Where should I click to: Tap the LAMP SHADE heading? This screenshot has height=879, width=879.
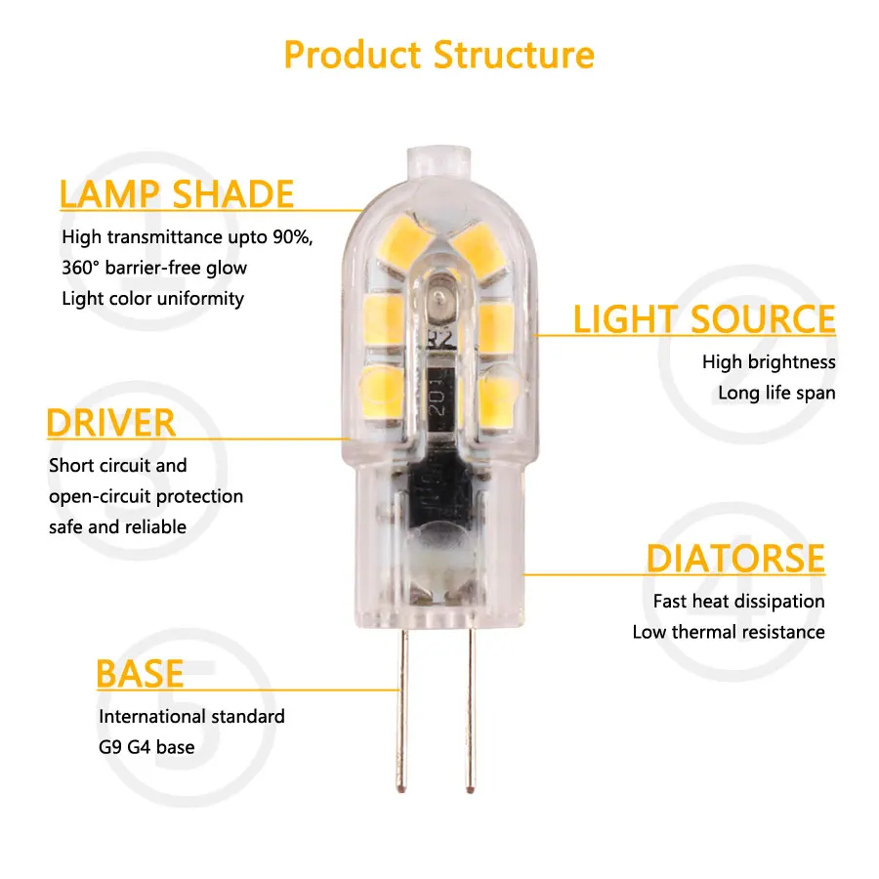[x=176, y=193]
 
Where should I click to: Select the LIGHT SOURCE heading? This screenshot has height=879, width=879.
[x=704, y=319]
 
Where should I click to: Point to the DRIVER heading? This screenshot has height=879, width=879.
[x=110, y=423]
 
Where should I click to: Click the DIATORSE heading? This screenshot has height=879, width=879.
[x=734, y=559]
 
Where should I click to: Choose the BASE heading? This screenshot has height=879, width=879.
[x=140, y=674]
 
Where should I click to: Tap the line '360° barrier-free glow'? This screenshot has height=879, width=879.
[x=154, y=268]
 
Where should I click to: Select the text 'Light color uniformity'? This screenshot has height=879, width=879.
[x=152, y=298]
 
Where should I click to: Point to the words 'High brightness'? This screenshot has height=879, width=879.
[x=769, y=362]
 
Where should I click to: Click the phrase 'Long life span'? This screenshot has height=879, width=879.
[x=776, y=393]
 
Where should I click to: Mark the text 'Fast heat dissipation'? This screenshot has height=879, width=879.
[x=738, y=602]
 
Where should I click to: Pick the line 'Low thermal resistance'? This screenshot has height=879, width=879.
[x=728, y=632]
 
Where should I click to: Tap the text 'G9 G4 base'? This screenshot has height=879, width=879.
[x=146, y=747]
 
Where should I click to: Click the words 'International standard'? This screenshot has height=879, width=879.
[x=191, y=717]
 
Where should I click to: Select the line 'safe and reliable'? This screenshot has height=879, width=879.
[x=117, y=526]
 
